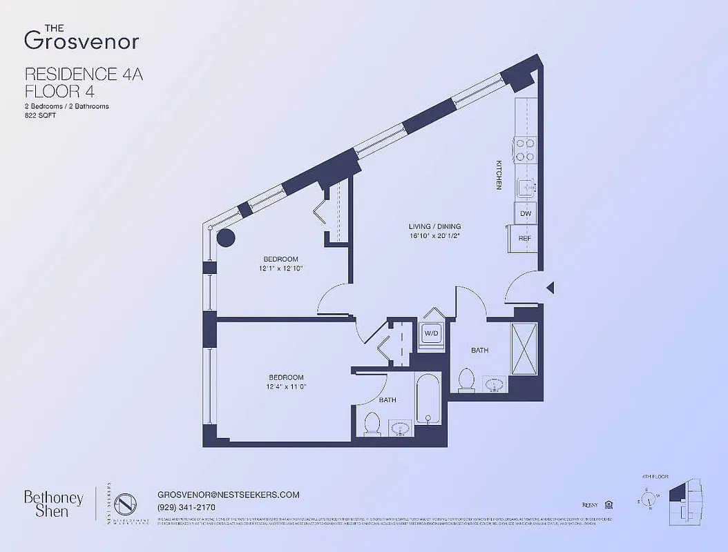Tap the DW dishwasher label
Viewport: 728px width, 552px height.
click(x=526, y=214)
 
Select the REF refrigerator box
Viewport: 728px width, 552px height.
click(x=524, y=239)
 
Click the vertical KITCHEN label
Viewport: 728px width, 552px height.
click(x=498, y=175)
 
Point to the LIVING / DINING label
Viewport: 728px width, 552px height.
click(x=434, y=226)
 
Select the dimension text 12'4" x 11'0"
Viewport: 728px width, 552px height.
click(x=286, y=387)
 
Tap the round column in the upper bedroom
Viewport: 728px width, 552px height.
click(x=226, y=239)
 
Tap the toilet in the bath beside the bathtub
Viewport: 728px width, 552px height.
click(x=372, y=423)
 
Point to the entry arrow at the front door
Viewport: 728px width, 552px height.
click(x=550, y=288)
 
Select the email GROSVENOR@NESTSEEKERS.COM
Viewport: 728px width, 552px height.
click(x=228, y=495)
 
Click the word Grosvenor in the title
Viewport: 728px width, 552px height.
click(x=82, y=41)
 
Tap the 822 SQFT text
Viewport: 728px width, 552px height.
click(x=40, y=117)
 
